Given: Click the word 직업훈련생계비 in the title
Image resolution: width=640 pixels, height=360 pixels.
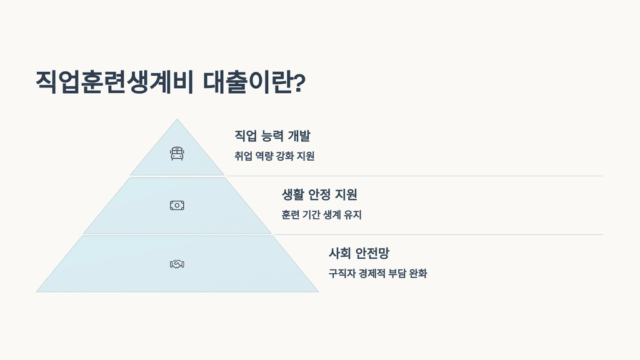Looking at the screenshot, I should (116, 82).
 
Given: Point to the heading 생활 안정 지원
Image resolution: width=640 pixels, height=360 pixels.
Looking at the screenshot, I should (319, 194).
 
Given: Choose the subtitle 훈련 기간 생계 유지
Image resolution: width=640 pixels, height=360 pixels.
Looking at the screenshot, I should (322, 215).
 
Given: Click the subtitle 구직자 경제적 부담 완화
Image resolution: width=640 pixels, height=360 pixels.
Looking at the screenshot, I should (377, 274).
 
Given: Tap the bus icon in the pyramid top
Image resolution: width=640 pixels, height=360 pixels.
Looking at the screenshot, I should (177, 153).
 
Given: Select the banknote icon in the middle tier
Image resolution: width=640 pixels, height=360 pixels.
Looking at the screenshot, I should (177, 205).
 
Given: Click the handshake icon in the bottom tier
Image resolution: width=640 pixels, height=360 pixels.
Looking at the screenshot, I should (177, 264).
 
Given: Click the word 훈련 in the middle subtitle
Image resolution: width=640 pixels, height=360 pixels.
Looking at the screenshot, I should (291, 215).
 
